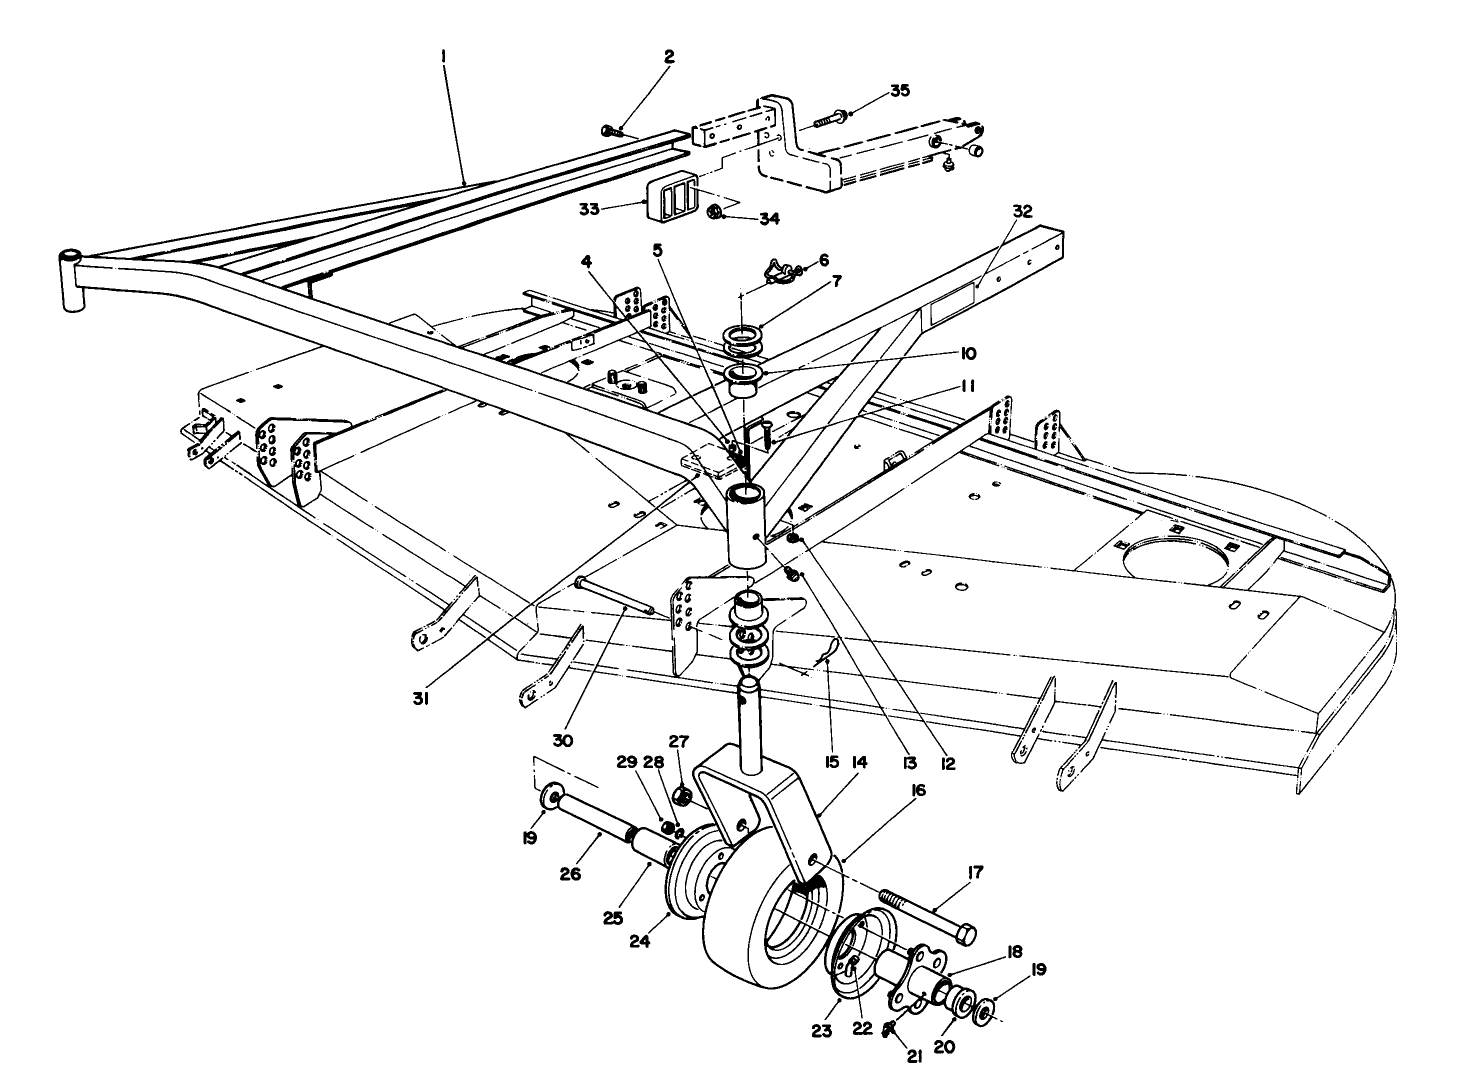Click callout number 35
click(x=900, y=90)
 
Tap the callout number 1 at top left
click(x=443, y=58)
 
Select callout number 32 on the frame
click(x=1021, y=211)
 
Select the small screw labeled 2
click(x=611, y=130)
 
